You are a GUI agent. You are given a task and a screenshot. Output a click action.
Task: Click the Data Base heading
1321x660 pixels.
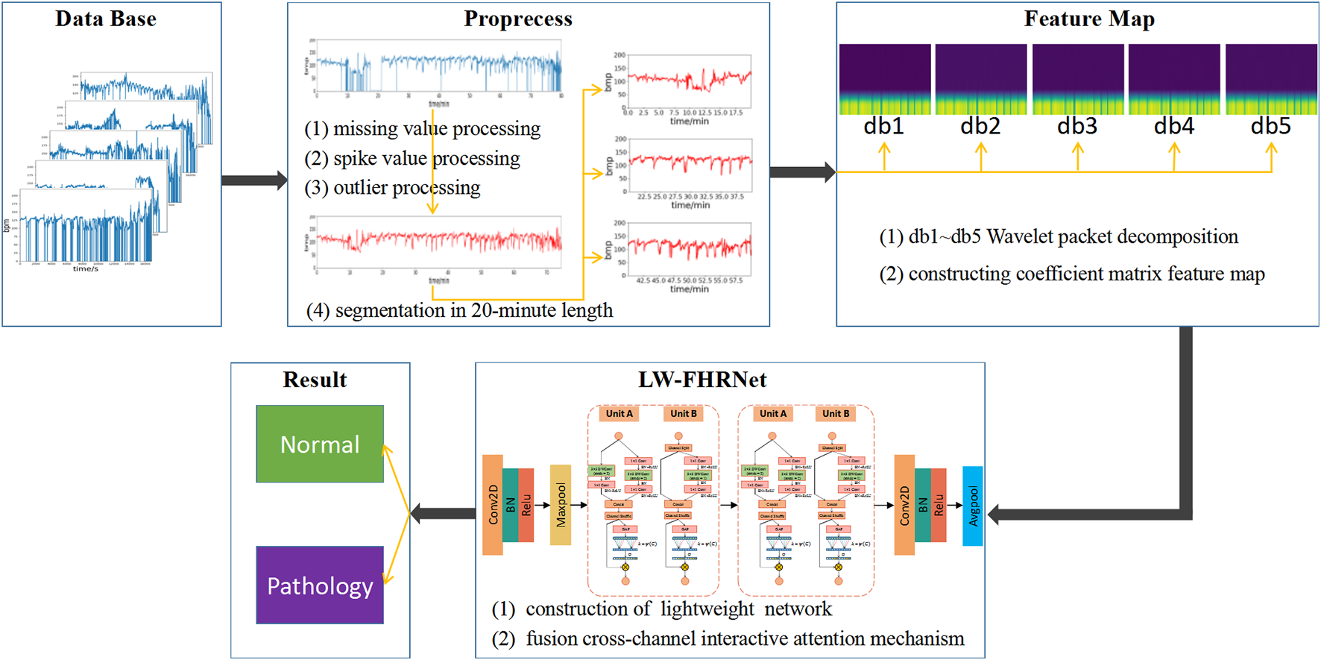pyautogui.click(x=106, y=19)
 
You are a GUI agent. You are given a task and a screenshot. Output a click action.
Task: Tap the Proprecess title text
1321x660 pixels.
pyautogui.click(x=518, y=19)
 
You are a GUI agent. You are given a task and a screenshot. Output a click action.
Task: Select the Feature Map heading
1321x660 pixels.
pyautogui.click(x=1089, y=19)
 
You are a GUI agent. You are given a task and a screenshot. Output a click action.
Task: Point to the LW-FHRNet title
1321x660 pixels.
pyautogui.click(x=702, y=380)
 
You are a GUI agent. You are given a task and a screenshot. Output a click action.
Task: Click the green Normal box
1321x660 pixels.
pyautogui.click(x=320, y=444)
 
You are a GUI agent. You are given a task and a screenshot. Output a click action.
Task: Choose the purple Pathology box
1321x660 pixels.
pyautogui.click(x=320, y=585)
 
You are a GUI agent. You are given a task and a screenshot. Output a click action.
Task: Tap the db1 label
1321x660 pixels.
pyautogui.click(x=883, y=126)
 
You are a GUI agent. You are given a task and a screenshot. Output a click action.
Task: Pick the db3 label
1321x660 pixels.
pyautogui.click(x=1077, y=126)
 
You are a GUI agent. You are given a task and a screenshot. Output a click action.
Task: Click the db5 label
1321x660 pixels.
pyautogui.click(x=1270, y=126)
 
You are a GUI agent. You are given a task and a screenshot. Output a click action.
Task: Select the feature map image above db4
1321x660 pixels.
pyautogui.click(x=1174, y=78)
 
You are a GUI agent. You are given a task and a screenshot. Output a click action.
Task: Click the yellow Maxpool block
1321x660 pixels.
pyautogui.click(x=561, y=505)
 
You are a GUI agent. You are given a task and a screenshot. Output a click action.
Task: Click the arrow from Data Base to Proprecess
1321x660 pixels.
pyautogui.click(x=254, y=180)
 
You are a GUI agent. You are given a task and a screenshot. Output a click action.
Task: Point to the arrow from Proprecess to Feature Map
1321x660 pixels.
pyautogui.click(x=802, y=172)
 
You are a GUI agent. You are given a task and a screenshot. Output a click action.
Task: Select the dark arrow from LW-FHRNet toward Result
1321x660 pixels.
pyautogui.click(x=444, y=513)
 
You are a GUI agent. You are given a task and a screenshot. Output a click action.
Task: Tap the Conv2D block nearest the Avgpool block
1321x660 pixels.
pyautogui.click(x=904, y=506)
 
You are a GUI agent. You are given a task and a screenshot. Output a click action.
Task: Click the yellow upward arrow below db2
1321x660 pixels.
pyautogui.click(x=981, y=157)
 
